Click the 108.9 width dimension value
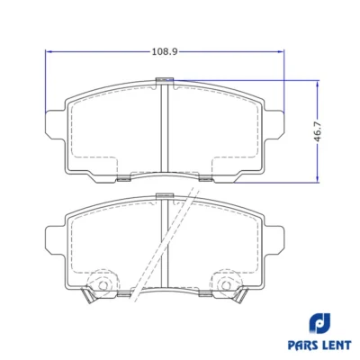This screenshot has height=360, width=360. click(x=165, y=52)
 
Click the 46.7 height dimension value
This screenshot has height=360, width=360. click(x=318, y=131)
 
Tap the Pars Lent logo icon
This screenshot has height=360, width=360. click(x=319, y=323)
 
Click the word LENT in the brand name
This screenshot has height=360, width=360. click(x=337, y=345)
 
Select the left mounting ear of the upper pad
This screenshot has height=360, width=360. click(x=55, y=125)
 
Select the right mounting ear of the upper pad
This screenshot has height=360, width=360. click(x=274, y=125)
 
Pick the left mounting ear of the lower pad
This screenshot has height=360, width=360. click(x=55, y=240)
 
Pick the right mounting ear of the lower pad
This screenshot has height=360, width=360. click(x=274, y=240)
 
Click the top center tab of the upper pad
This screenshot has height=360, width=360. click(x=165, y=79)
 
